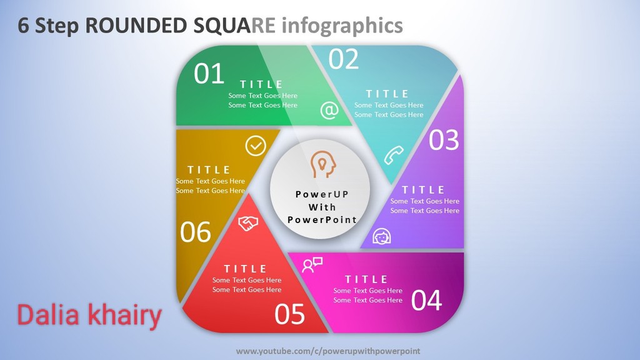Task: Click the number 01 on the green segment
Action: point(209,74)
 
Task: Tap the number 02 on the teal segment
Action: point(344,59)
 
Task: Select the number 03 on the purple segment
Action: point(444,140)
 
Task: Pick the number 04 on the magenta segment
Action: point(426,301)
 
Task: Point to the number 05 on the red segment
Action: point(289,314)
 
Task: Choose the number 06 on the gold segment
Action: point(196,232)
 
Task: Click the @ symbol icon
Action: point(329,110)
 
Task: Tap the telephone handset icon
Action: point(394,155)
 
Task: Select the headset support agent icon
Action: point(382,236)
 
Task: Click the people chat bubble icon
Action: point(312,265)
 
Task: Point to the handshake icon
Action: point(248,223)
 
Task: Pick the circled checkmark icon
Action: point(256,146)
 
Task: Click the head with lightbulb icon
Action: point(323,164)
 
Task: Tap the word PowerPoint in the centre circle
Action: point(322,220)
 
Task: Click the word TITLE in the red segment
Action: point(245,269)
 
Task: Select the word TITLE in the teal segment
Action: point(387,94)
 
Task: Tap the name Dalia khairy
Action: point(89,316)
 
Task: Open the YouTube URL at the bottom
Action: point(328,351)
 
